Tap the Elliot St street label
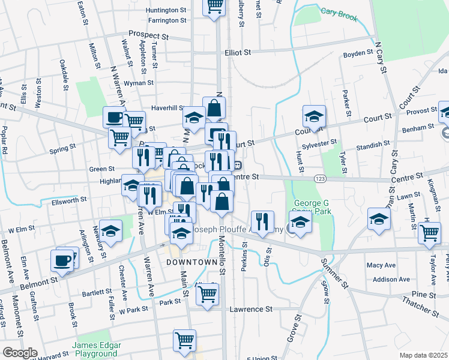click(238, 53)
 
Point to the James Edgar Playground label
click(97, 349)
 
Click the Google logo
click(20, 353)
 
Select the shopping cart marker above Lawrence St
click(207, 294)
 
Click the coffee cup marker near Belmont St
click(62, 260)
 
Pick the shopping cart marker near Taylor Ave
click(429, 232)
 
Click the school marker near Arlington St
click(111, 230)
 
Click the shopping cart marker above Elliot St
click(214, 7)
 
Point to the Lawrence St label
click(251, 310)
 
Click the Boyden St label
click(358, 54)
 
